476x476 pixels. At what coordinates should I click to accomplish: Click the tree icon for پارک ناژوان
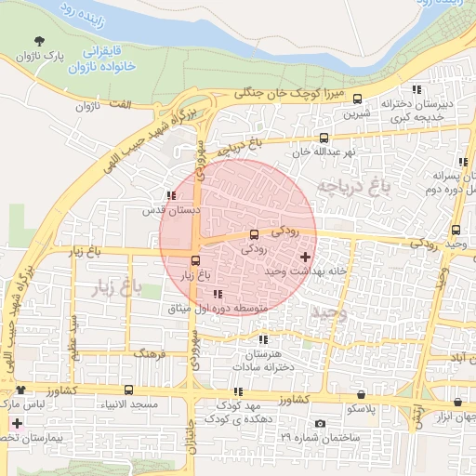39,42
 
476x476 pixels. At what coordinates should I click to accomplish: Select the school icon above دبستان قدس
170,195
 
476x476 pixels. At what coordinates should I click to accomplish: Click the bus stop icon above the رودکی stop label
254,234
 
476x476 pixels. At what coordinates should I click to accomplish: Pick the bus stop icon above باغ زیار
195,261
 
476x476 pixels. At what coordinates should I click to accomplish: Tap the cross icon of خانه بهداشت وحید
306,256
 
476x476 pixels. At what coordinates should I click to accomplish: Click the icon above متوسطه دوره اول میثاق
218,295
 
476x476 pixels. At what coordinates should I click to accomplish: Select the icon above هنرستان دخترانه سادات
263,341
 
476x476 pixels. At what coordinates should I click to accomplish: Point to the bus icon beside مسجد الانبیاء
128,390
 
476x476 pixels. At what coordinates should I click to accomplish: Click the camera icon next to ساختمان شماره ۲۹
320,424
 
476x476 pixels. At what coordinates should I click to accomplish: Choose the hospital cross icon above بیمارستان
16,423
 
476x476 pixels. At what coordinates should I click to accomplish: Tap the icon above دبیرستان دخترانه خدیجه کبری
416,90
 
